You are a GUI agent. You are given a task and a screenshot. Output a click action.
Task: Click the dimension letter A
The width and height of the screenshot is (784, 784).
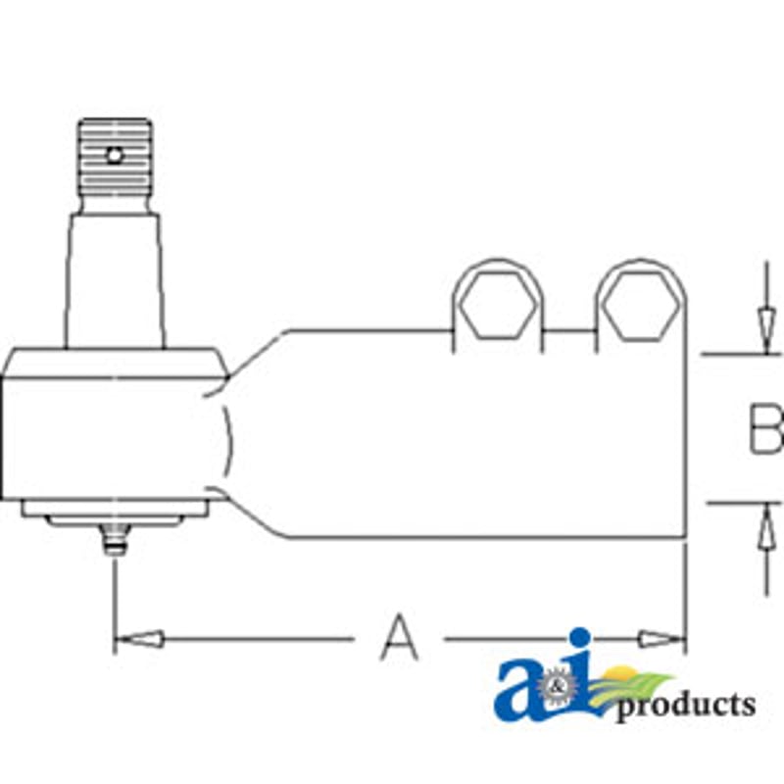pos(399,638)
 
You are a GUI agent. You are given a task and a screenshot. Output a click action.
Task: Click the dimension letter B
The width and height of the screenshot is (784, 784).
pos(765,429)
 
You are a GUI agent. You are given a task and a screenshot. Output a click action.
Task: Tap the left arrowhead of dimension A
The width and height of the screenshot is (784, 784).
pos(139,639)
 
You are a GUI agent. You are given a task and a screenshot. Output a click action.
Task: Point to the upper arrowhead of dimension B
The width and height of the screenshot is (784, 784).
pos(765,331)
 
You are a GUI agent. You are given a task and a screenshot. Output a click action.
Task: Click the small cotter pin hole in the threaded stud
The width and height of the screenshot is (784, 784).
pos(115,156)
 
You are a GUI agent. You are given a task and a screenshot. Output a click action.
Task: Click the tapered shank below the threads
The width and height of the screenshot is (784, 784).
pos(115,280)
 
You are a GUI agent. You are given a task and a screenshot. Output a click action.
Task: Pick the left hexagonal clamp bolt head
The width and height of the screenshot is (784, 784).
pos(498,304)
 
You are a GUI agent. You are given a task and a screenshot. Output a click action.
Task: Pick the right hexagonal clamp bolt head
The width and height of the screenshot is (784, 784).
pos(641,306)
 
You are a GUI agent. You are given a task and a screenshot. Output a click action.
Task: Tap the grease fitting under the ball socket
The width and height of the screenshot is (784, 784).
pos(116,538)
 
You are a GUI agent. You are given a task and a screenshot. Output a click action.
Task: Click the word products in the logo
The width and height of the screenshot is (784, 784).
pos(685,705)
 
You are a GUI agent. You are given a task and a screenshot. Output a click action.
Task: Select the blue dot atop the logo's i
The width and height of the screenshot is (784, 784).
pos(580,638)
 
